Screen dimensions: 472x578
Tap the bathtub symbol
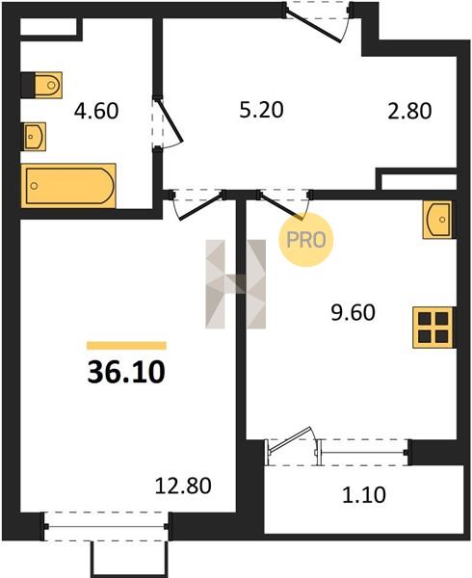(68, 185)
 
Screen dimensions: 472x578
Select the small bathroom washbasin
(35, 137)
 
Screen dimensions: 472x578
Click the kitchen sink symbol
(437, 220)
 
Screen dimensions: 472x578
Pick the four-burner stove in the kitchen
(433, 328)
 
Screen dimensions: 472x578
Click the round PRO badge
(305, 240)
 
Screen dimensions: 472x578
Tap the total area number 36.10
(126, 372)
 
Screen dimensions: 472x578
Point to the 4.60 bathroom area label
(96, 111)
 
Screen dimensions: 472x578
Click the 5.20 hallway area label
(261, 110)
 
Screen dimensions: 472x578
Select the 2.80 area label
(409, 111)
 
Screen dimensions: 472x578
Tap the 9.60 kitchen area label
(353, 312)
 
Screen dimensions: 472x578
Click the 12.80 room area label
(183, 486)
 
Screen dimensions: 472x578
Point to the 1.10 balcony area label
(364, 494)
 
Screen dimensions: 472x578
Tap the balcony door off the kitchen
(291, 440)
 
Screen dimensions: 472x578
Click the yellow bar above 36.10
(126, 346)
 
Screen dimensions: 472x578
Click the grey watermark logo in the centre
(235, 284)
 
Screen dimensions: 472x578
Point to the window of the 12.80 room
(106, 526)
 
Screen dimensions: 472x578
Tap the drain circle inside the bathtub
(34, 185)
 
